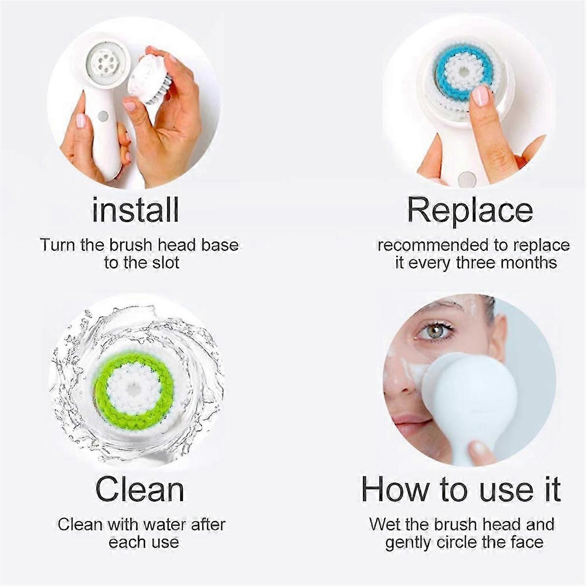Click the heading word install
(x=136, y=210)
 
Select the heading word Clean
(x=139, y=489)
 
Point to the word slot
(x=164, y=263)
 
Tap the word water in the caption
(x=163, y=524)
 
